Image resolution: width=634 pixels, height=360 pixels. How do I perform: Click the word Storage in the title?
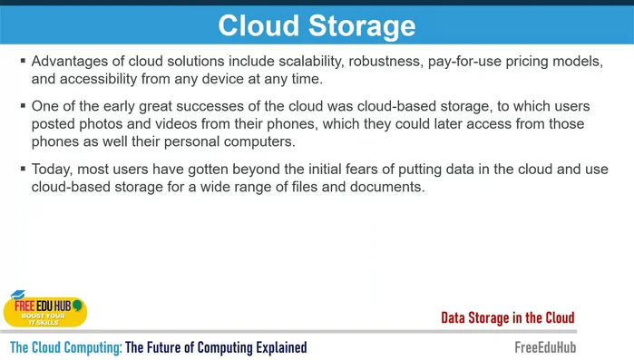[x=361, y=25]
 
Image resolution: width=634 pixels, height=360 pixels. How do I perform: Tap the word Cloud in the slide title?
[x=256, y=25]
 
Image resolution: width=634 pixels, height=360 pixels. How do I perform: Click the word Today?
[x=53, y=170]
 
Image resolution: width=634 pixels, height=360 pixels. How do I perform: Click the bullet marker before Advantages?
[x=22, y=61]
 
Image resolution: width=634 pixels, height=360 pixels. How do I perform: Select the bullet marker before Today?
[x=22, y=170]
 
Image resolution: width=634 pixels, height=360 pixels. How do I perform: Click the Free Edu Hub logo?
[x=44, y=309]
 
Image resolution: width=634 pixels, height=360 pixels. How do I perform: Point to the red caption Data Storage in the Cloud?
[x=508, y=317]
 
